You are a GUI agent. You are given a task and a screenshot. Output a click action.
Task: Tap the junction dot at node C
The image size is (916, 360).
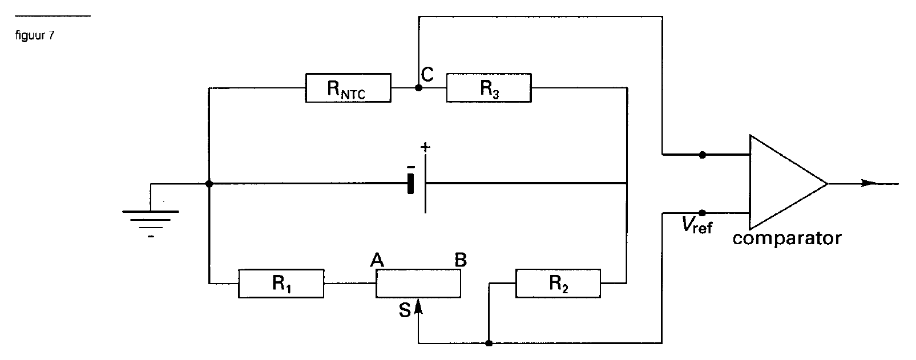coord(418,87)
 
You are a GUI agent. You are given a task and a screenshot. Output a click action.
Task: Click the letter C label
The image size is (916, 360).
coord(427,75)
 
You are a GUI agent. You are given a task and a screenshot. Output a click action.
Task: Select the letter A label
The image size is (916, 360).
coord(377,260)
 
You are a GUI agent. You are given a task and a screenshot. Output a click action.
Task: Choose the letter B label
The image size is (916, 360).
coord(461,260)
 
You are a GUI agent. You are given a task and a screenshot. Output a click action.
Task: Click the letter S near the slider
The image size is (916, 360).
coord(405,310)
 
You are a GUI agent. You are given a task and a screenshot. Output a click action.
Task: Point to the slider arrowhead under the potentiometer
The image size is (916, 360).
coord(418,306)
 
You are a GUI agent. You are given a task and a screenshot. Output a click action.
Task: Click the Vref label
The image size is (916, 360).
coord(697,225)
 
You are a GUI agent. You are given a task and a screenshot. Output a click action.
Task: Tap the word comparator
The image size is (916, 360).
coord(787,238)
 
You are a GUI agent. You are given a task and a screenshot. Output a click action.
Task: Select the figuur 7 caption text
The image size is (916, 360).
coord(35,35)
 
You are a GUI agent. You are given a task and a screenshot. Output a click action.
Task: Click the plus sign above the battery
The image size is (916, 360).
coord(425,147)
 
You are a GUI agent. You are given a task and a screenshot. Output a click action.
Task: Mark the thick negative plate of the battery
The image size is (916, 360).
coord(410,184)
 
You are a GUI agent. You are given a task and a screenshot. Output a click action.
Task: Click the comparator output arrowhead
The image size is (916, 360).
coord(869,183)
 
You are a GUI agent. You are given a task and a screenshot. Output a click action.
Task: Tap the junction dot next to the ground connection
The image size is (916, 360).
coord(209,184)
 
